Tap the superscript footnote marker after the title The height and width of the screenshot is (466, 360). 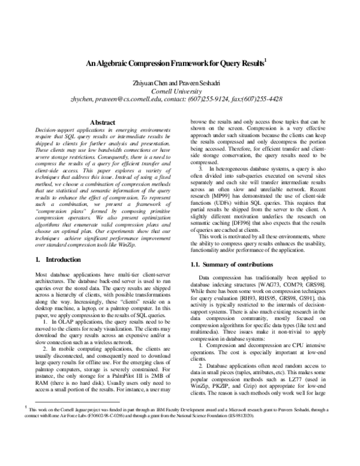[265, 60]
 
